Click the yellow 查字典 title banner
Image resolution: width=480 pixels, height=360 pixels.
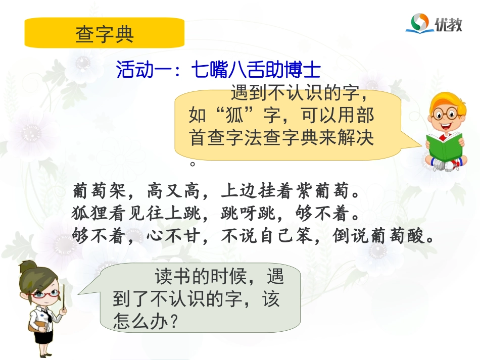(x=104, y=33)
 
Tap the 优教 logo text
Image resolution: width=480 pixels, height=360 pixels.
(x=449, y=24)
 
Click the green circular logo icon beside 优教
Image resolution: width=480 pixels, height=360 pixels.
(x=419, y=22)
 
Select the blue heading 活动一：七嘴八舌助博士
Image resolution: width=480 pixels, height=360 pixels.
(x=218, y=70)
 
